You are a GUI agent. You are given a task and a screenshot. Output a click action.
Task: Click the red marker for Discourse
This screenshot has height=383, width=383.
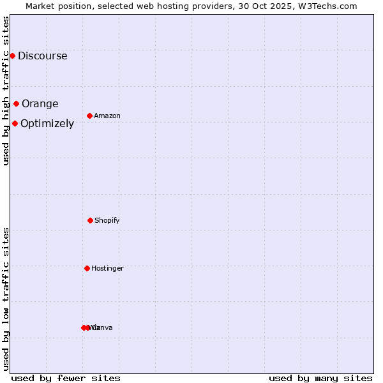tap(12, 56)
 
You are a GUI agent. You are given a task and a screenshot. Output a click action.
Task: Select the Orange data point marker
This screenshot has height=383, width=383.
tap(16, 103)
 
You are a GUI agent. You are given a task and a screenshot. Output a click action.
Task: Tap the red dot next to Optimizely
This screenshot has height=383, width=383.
tap(15, 123)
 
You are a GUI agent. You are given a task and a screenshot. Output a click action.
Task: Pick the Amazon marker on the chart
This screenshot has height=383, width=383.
tap(89, 116)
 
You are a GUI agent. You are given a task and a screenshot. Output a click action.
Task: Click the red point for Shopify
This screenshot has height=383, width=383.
tap(90, 220)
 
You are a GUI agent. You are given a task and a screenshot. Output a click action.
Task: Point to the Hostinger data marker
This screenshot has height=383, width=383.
tap(87, 268)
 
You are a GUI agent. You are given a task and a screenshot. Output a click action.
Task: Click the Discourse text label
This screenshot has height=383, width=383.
tap(42, 56)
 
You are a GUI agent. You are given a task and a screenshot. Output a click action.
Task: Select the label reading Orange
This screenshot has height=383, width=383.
tap(40, 103)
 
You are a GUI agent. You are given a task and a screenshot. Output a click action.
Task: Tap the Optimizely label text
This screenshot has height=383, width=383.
tap(47, 123)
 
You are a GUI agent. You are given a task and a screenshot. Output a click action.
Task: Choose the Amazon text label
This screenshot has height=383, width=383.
tap(107, 116)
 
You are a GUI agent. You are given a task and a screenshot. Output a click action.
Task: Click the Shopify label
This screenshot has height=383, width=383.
tap(107, 220)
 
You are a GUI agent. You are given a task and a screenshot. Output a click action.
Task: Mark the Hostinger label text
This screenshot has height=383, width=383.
tap(107, 268)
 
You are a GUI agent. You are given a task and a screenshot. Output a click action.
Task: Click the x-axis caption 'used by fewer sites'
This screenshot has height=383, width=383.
tap(66, 378)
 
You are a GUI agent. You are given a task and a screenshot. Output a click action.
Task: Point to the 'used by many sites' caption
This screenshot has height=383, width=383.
tap(320, 378)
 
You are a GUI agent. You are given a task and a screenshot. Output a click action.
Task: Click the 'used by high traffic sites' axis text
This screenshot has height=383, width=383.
tap(6, 91)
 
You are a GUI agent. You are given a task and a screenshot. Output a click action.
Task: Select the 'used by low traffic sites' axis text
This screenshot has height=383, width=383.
tap(6, 299)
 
